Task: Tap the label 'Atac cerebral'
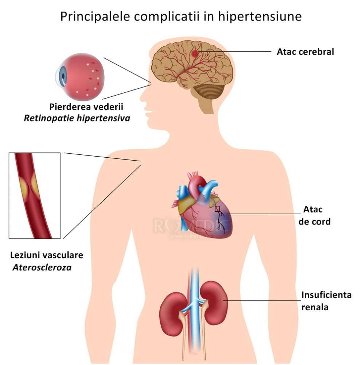click(305, 52)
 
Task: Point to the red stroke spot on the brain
click(195, 54)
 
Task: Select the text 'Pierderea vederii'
click(86, 107)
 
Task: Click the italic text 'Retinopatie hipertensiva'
click(77, 118)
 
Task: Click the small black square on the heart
click(217, 209)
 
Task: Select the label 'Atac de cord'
click(314, 215)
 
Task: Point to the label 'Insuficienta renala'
click(326, 301)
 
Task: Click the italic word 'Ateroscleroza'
click(42, 268)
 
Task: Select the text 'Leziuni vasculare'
click(47, 255)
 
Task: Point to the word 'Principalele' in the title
click(94, 17)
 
